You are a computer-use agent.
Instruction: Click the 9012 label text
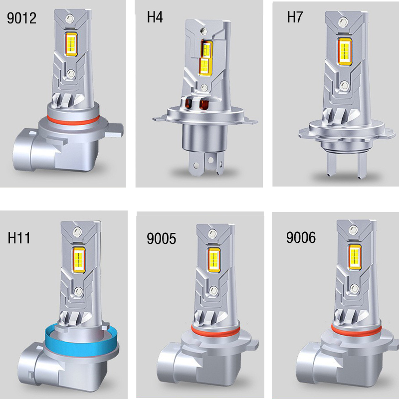21,18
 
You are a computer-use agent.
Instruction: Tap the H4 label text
155,17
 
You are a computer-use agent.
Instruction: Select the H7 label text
295,17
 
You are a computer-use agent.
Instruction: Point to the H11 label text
19,238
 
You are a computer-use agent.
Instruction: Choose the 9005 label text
161,238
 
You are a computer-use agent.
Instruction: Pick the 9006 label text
301,237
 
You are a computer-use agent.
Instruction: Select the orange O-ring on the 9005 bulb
215,331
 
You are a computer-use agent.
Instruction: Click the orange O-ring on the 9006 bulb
356,330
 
